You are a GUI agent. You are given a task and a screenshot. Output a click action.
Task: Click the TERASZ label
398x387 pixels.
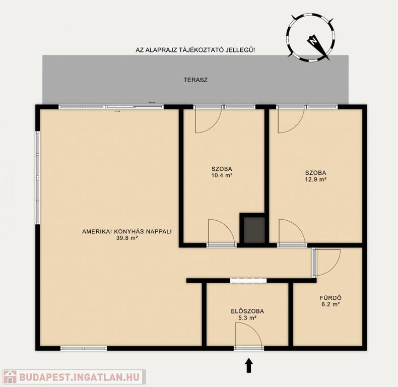195,80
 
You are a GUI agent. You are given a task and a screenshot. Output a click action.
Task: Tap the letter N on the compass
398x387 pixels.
314,41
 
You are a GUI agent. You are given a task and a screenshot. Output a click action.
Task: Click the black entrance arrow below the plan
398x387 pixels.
249,365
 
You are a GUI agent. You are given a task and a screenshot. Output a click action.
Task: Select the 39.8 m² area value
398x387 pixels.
126,238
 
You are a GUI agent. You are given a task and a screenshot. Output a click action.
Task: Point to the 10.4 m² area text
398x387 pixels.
222,175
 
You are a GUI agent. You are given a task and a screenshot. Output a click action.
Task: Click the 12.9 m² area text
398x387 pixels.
315,179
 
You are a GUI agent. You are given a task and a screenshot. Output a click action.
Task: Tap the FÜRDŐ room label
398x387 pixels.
330,298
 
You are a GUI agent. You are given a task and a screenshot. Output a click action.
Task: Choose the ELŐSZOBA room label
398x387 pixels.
247,311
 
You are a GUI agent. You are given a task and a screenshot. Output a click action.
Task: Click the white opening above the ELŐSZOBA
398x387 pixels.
248,280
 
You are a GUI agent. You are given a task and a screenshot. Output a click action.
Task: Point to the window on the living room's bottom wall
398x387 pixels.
84,348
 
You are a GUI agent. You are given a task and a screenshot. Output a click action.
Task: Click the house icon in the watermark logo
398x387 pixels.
10,377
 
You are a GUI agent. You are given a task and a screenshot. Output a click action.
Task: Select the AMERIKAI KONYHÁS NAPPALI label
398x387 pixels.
127,231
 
